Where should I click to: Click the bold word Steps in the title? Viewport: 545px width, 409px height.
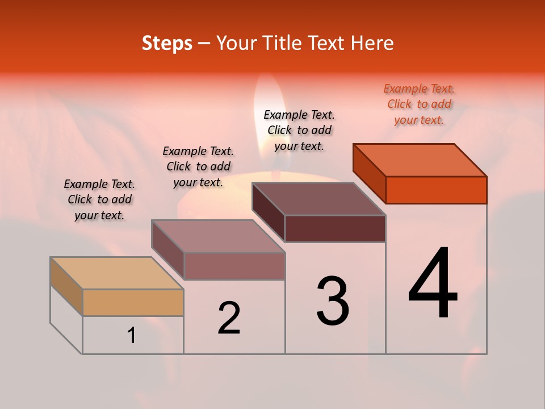coord(167,43)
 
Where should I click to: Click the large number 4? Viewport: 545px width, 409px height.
coord(433,284)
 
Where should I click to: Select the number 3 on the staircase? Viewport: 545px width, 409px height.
coord(333,301)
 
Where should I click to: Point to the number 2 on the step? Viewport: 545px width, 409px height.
coord(229,318)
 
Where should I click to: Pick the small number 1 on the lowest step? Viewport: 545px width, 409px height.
coord(132,336)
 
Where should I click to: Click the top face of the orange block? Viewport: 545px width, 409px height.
coord(419,160)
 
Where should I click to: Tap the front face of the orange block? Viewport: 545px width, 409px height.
coord(436,190)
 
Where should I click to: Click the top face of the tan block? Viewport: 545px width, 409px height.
coord(117,273)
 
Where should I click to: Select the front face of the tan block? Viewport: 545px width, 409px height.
coord(133,302)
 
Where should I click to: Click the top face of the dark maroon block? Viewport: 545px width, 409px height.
coord(318,199)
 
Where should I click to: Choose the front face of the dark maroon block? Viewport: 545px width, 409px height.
coord(335,228)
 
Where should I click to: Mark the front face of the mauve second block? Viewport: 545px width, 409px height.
coord(234,266)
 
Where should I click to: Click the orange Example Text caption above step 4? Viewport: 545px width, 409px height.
coord(419,104)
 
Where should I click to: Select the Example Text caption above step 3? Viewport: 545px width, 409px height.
coord(299,130)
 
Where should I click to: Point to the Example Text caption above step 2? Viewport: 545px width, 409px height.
coord(198,166)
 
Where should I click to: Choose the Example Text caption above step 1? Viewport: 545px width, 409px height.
coord(99,199)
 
